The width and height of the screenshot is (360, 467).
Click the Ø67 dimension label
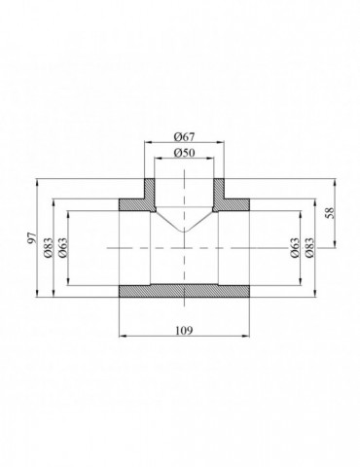185,136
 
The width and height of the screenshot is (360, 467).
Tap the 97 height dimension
31,237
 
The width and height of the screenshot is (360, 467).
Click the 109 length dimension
185,329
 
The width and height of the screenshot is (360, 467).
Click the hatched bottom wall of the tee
185,291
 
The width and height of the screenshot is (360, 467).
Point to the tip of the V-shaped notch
185,232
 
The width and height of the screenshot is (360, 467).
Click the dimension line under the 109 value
185,336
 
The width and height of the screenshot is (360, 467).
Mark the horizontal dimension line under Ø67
185,143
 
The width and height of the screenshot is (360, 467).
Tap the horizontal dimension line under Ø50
185,162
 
